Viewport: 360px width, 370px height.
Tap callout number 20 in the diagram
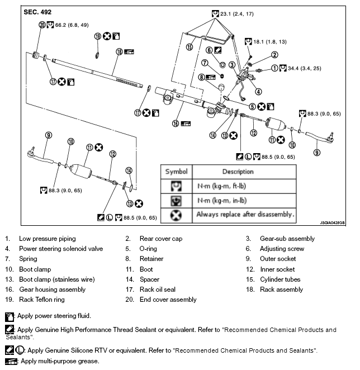pos(42,25)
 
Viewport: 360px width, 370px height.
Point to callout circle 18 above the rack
pos(119,51)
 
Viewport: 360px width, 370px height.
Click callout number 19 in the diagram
pos(97,36)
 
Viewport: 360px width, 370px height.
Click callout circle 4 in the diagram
pos(258,92)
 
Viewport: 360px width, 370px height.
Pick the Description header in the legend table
pos(238,172)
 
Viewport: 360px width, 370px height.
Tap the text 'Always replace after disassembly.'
pos(245,214)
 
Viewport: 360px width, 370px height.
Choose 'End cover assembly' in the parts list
pos(168,300)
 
